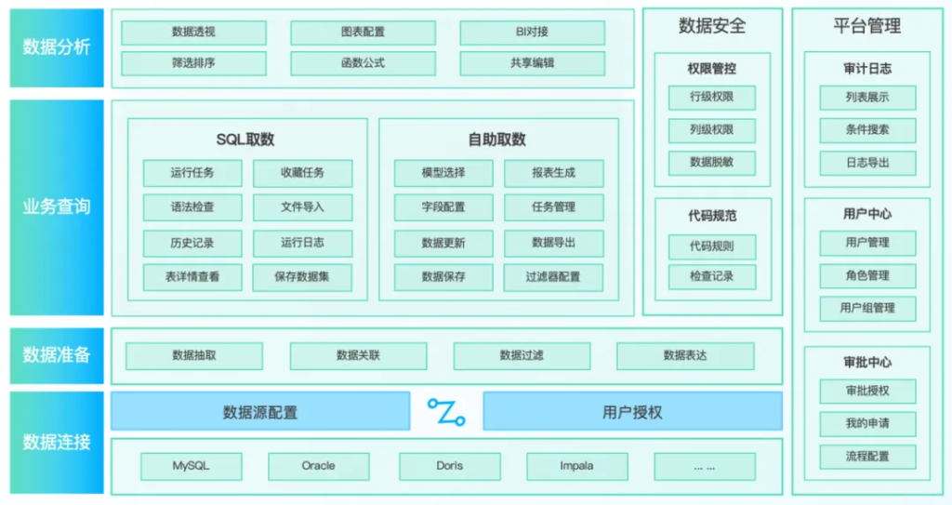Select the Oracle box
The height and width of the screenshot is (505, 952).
[318, 466]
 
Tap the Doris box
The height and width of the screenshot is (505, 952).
[449, 466]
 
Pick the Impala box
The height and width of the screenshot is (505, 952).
[576, 466]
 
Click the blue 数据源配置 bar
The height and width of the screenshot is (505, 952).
[260, 411]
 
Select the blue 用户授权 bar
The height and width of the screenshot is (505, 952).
[632, 411]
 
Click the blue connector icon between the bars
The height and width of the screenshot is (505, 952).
[446, 411]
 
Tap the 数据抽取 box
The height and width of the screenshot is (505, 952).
[194, 355]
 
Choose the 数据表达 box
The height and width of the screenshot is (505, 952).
[685, 355]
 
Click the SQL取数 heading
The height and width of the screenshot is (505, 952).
[245, 140]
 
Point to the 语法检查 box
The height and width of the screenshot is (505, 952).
[192, 207]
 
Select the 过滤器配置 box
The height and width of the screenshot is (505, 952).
[553, 277]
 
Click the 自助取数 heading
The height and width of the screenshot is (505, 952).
[496, 140]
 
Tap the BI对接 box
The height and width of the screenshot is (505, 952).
[532, 33]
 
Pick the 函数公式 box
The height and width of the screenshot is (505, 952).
[363, 63]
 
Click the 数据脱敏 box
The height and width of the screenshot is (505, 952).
[712, 163]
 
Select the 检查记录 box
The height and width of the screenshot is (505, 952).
[712, 276]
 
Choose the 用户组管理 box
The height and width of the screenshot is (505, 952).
[866, 308]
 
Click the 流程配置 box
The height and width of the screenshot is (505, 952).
[866, 457]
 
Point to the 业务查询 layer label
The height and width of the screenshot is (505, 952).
[57, 206]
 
